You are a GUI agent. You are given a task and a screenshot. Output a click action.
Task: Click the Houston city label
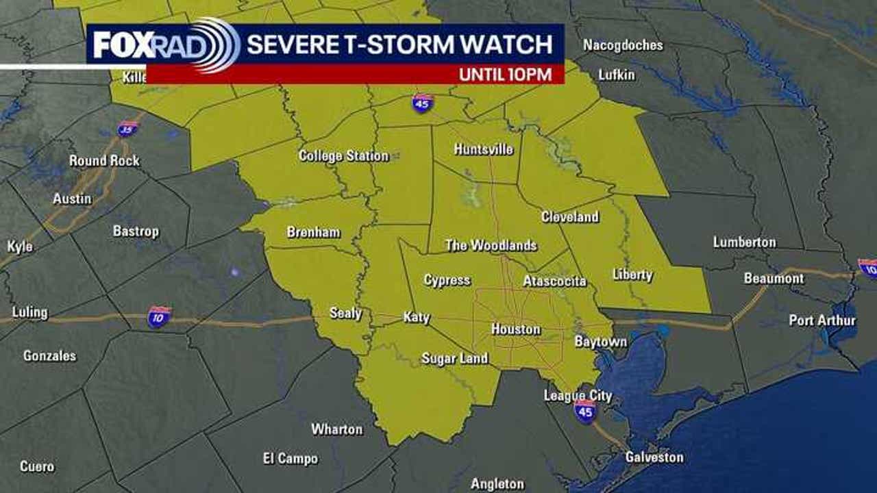pyautogui.click(x=515, y=329)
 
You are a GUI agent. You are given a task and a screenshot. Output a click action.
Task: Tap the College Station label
pyautogui.click(x=343, y=156)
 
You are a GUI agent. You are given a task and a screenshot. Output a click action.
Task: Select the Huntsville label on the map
pyautogui.click(x=483, y=150)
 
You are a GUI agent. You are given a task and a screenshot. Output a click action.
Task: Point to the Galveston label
pyautogui.click(x=654, y=457)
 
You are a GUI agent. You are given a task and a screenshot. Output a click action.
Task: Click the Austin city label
pyautogui.click(x=72, y=199)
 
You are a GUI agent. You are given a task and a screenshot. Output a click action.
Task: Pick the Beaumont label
pyautogui.click(x=774, y=279)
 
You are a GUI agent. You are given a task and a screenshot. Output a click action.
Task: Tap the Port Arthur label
pyautogui.click(x=822, y=320)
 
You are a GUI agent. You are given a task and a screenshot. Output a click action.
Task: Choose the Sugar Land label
pyautogui.click(x=454, y=358)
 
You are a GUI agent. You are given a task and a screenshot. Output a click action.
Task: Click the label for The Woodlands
pyautogui.click(x=491, y=246)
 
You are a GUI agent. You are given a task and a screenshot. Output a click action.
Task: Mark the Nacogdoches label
pyautogui.click(x=623, y=45)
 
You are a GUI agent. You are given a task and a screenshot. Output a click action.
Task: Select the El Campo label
pyautogui.click(x=290, y=458)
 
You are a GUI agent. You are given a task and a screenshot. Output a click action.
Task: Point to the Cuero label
pyautogui.click(x=37, y=466)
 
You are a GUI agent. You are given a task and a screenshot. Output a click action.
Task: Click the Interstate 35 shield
pyautogui.click(x=127, y=128)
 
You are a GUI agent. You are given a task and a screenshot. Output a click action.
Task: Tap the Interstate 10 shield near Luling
pyautogui.click(x=159, y=317)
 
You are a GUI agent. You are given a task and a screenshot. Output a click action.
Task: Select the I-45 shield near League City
pyautogui.click(x=585, y=411)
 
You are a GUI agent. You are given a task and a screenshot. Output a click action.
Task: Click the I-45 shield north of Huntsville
pyautogui.click(x=423, y=103)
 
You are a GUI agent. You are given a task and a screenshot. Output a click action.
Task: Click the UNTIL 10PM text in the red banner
pyautogui.click(x=506, y=75)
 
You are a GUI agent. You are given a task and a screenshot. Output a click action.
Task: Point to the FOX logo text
pyautogui.click(x=121, y=45)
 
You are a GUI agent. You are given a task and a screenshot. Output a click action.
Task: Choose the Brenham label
pyautogui.click(x=313, y=232)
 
